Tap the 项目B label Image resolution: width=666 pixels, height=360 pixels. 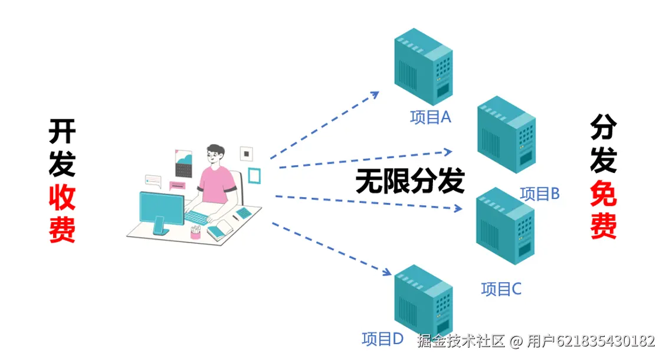[539, 194]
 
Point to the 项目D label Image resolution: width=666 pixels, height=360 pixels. [382, 339]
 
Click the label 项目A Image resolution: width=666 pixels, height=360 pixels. [431, 117]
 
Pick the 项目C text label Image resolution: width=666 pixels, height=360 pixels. [501, 289]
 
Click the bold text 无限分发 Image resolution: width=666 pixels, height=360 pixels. [409, 181]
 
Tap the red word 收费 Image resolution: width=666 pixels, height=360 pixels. [61, 213]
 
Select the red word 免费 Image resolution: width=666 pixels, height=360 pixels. [603, 210]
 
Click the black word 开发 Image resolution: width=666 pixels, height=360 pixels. [61, 148]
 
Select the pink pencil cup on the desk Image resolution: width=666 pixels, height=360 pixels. [195, 232]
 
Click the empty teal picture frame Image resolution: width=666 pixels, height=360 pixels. [254, 175]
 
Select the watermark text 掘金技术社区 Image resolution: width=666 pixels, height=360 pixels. [461, 341]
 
